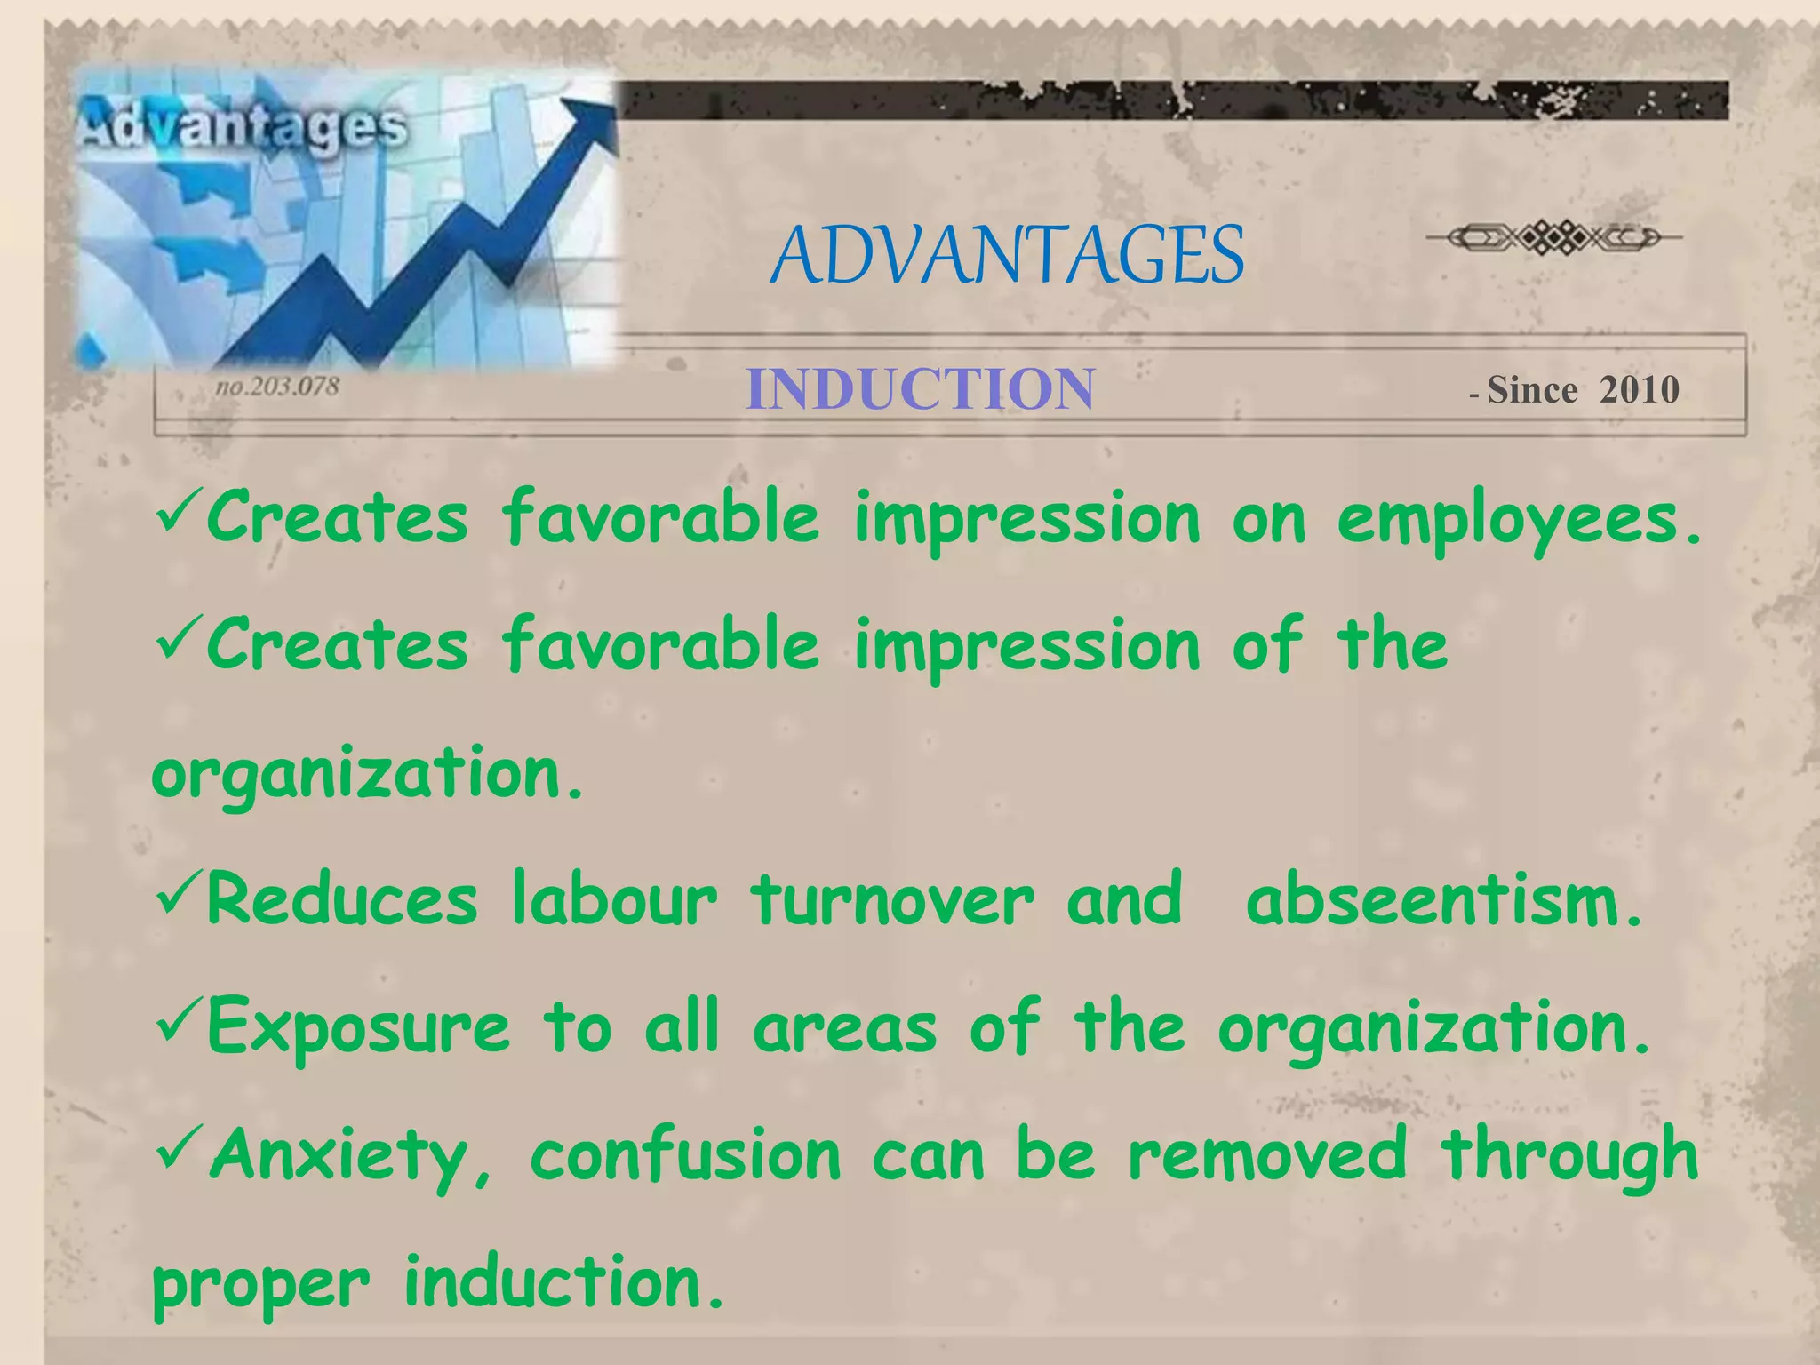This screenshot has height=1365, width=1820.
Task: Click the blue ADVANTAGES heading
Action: coord(1007,255)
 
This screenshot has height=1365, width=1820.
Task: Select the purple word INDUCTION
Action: coord(920,389)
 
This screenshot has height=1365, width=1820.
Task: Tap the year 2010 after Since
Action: coord(1640,390)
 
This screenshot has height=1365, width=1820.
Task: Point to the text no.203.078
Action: coord(277,387)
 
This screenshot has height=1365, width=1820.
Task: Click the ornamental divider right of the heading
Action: coord(1553,237)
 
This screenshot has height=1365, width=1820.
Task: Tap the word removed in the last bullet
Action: coord(1267,1153)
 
